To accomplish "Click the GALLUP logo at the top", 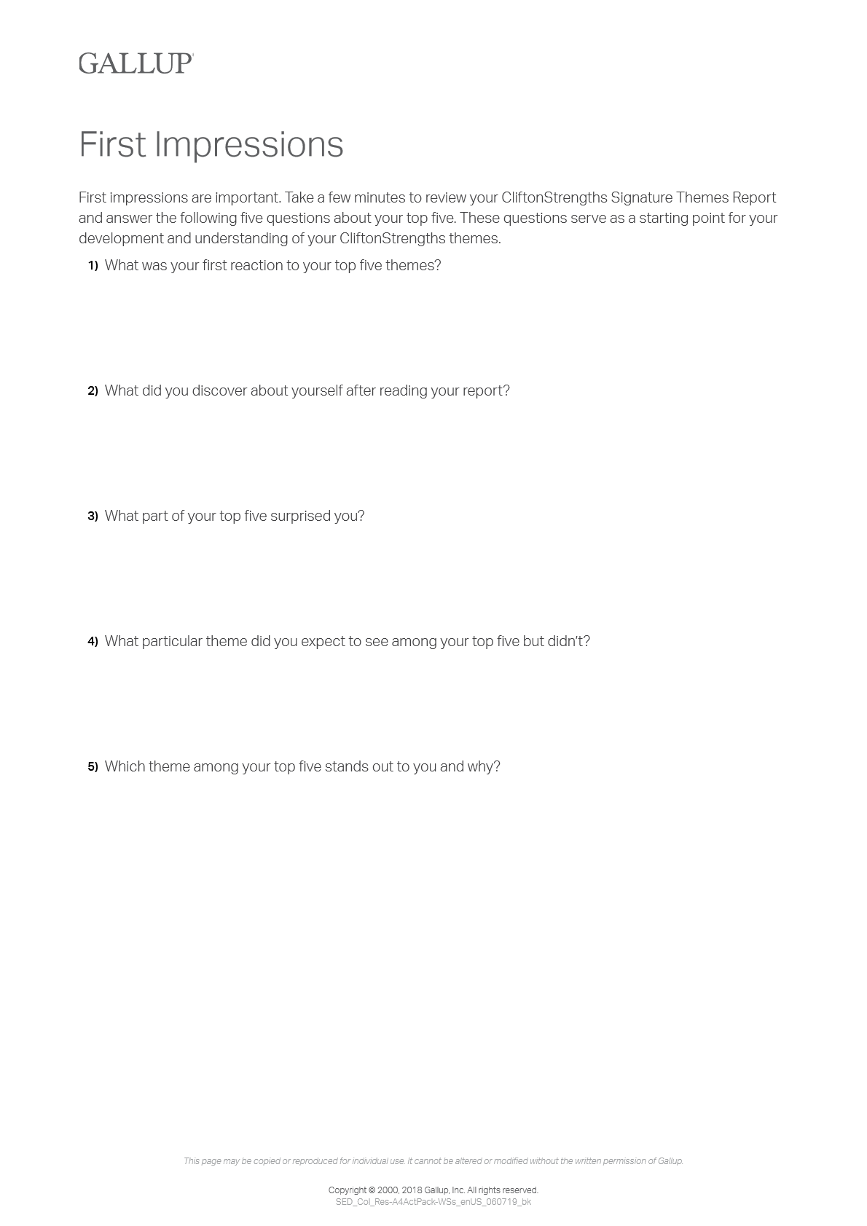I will tap(136, 63).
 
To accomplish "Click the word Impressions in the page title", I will tap(248, 144).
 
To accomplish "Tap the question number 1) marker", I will tap(93, 266).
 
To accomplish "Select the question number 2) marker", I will tap(93, 391).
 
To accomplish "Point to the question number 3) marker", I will tap(93, 516).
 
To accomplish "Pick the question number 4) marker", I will tap(93, 642).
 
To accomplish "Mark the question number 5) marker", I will tap(93, 767).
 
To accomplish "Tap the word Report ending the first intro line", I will tap(754, 198).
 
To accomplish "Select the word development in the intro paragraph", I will tap(121, 239).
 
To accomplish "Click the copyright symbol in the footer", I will tap(372, 1190).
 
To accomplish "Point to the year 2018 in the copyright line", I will tap(411, 1190).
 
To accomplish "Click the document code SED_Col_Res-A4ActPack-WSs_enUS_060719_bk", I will tap(433, 1202).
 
